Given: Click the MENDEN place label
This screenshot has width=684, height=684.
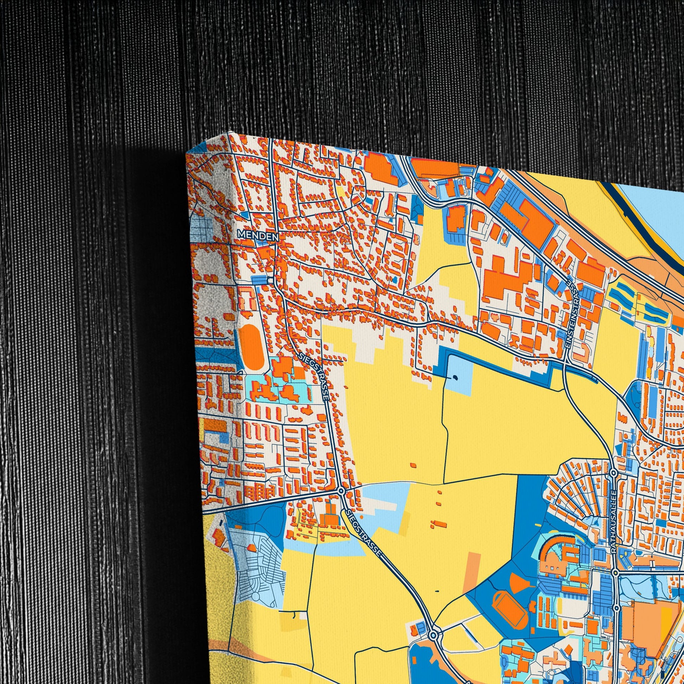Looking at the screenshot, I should (x=258, y=235).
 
